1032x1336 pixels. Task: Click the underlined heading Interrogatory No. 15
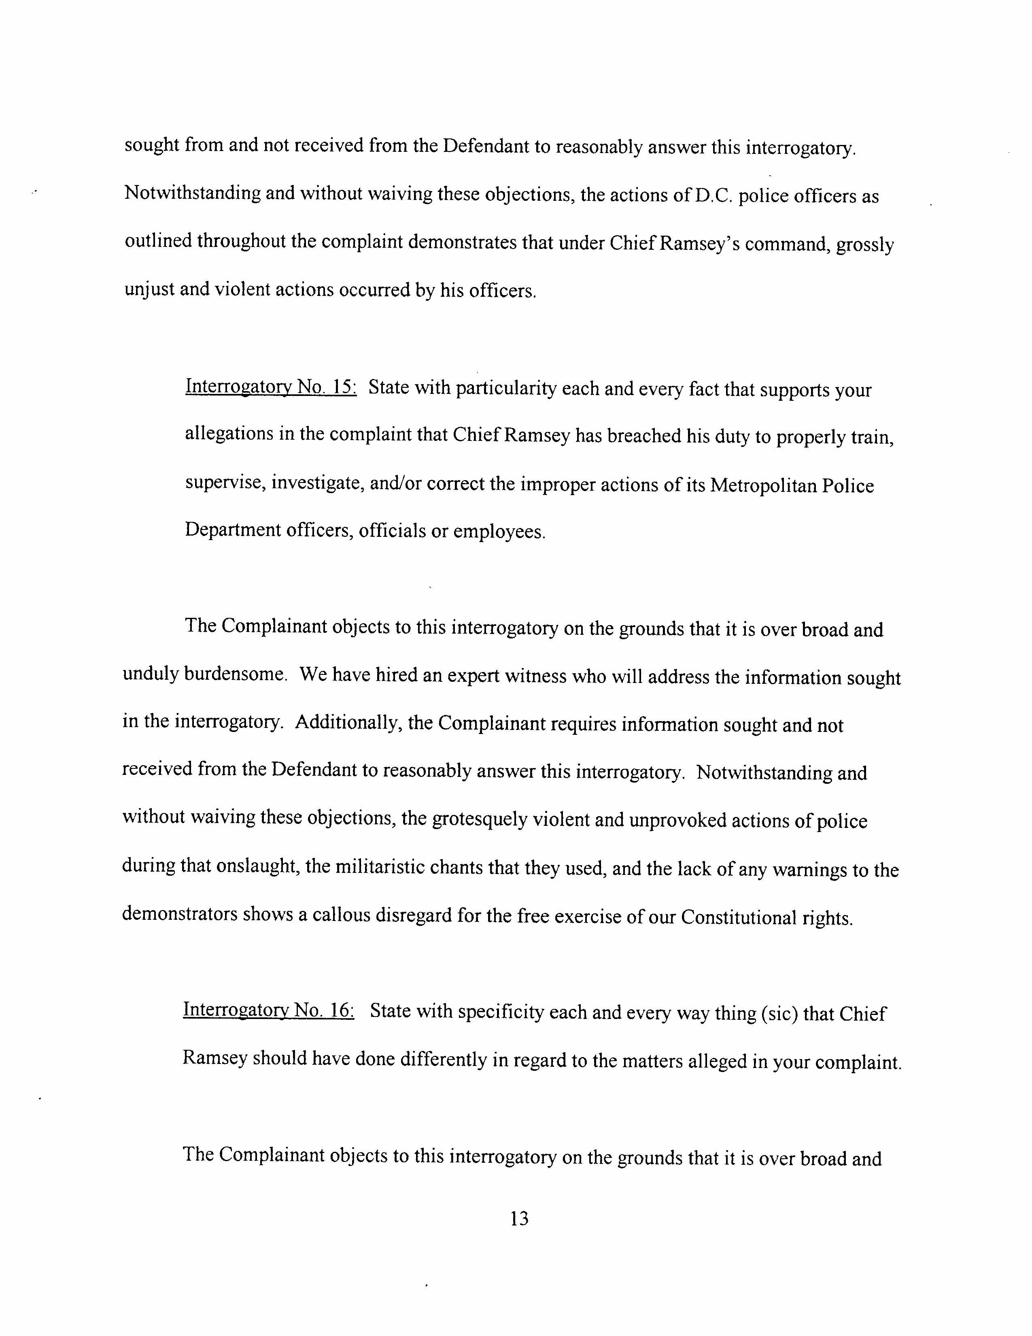click(271, 387)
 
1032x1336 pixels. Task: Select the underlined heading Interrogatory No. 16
click(268, 1010)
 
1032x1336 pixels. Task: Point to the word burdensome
click(236, 675)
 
